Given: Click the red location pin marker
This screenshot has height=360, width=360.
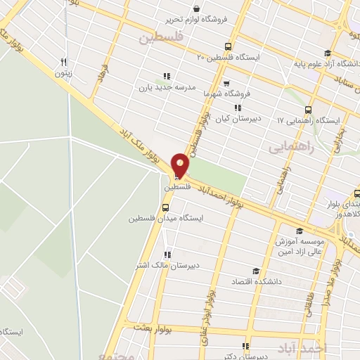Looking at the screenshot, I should [181, 165].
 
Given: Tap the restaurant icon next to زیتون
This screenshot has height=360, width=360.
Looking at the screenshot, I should [64, 61].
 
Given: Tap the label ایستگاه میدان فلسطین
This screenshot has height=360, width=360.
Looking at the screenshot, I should [166, 218].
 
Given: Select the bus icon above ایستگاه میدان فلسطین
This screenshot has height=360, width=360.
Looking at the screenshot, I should [166, 207].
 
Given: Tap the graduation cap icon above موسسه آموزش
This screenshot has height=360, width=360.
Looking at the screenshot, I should [300, 231].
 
